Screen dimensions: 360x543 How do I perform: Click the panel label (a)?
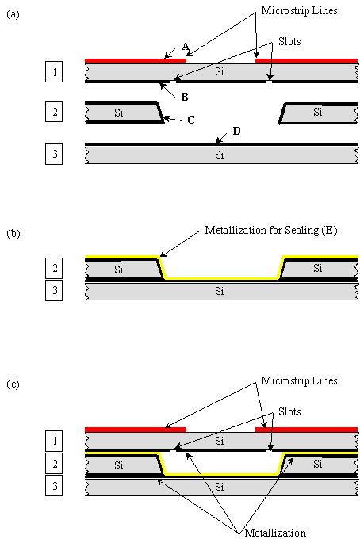tap(13, 14)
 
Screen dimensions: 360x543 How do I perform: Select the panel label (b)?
tap(13, 234)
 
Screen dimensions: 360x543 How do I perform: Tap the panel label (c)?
tap(13, 384)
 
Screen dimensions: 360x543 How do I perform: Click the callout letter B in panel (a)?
tap(185, 97)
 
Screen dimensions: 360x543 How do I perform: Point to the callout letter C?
tap(191, 120)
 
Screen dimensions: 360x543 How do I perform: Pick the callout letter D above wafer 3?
tap(236, 131)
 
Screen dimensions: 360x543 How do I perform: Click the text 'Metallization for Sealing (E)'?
tap(271, 231)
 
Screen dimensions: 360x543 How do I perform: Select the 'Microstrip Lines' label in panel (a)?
tap(299, 11)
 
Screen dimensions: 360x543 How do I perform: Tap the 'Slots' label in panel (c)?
tap(289, 411)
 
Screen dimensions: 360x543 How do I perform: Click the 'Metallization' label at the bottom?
tap(275, 533)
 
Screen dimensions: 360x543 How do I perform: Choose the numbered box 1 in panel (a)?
tap(54, 71)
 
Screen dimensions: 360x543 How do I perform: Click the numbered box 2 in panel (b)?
tap(54, 268)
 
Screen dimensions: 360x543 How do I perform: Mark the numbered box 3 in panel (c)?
tap(54, 485)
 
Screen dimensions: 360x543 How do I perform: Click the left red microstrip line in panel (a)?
tap(136, 60)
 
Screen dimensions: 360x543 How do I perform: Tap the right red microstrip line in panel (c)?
tap(306, 430)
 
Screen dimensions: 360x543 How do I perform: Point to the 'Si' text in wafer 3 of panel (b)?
tap(220, 291)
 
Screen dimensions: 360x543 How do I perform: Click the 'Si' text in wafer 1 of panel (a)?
tap(220, 71)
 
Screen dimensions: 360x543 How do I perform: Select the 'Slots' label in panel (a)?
tap(289, 41)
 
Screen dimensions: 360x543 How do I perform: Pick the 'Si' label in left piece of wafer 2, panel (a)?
tap(118, 113)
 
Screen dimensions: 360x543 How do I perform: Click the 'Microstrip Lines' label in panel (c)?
tap(299, 381)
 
